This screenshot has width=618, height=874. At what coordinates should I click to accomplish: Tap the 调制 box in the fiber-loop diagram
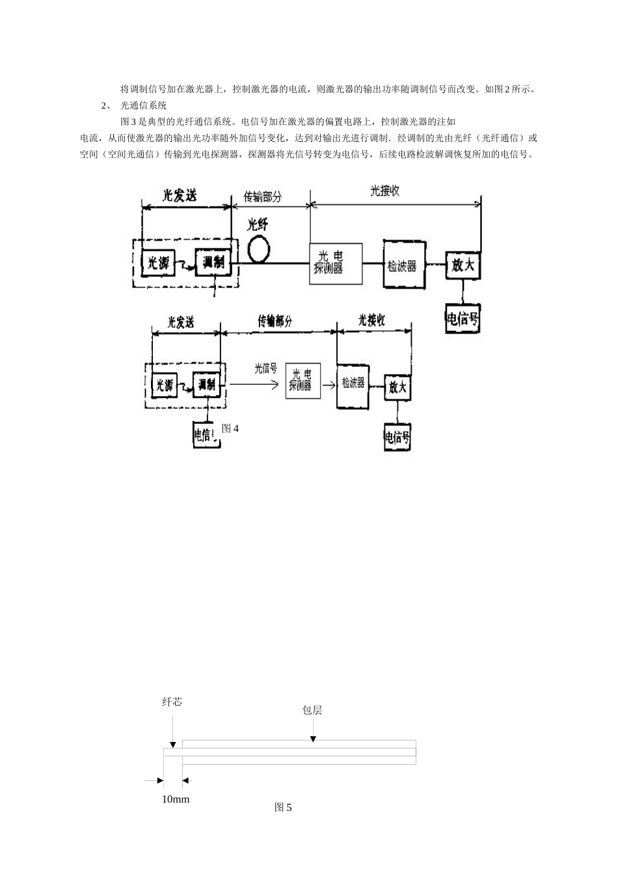tap(213, 263)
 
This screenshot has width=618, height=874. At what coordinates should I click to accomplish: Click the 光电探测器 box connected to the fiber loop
tap(335, 263)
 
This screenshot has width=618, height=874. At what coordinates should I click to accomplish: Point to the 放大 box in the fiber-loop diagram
tap(463, 265)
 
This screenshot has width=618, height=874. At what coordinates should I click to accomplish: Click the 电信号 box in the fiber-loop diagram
tap(463, 319)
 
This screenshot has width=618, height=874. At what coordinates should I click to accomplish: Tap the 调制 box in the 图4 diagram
tap(206, 384)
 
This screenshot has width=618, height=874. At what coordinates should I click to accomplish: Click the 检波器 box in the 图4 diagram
tap(353, 384)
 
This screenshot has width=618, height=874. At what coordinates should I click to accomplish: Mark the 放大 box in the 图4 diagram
tap(397, 388)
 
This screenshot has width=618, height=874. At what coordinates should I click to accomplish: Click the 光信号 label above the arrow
tap(265, 369)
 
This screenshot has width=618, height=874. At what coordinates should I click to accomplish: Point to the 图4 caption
tap(230, 429)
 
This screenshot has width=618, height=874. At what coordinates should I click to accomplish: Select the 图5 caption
tap(283, 808)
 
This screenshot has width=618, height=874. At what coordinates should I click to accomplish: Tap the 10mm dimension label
tap(176, 799)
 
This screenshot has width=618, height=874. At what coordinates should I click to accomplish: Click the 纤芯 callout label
tap(172, 702)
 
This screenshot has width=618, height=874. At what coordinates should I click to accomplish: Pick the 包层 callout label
tap(312, 710)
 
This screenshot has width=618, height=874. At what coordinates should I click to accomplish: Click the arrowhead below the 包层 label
tap(313, 739)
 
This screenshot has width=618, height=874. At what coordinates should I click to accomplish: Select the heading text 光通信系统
tap(144, 105)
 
